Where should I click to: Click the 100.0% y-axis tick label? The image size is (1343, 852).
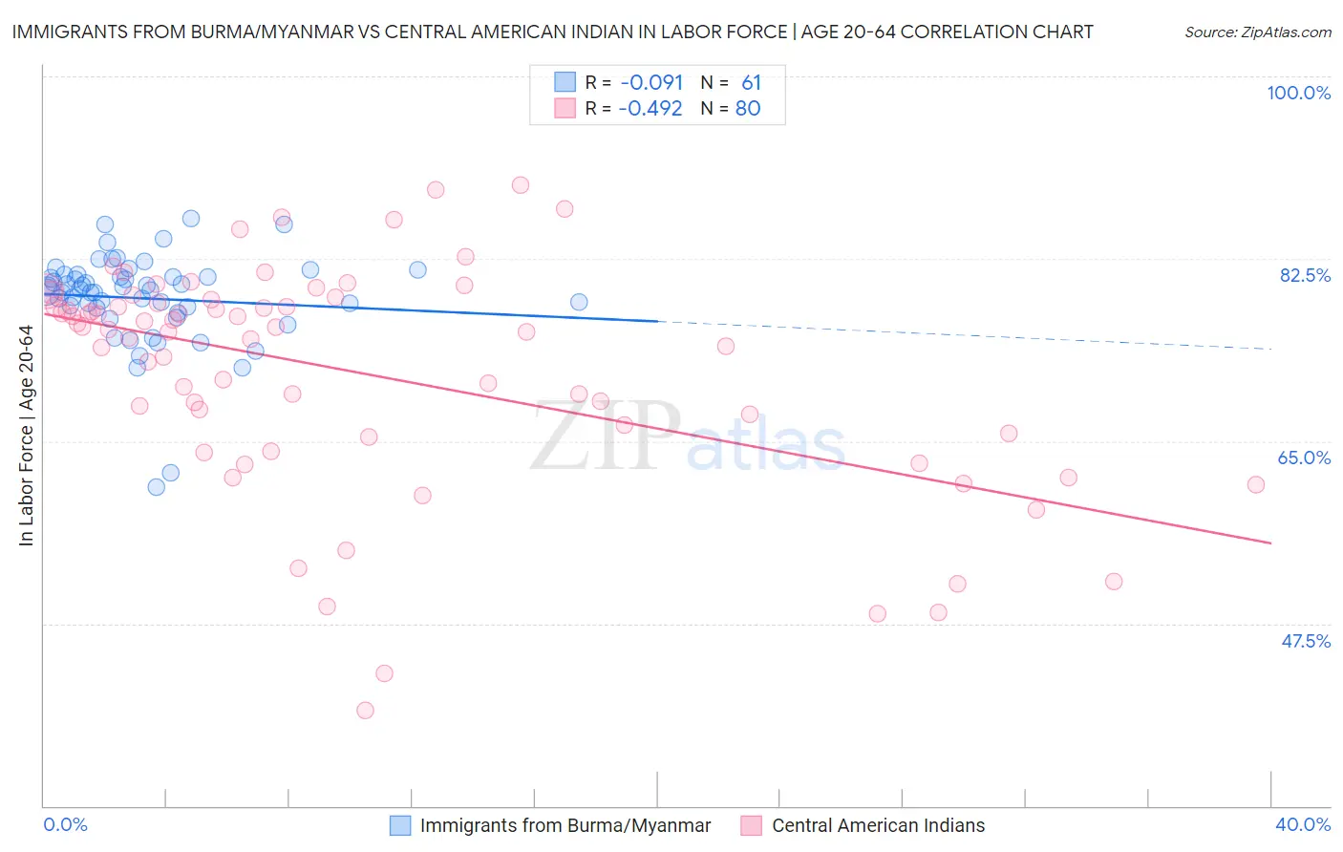coord(1298,93)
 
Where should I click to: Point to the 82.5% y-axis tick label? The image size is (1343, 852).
coord(1305,275)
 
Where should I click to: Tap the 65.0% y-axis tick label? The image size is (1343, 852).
coord(1304,458)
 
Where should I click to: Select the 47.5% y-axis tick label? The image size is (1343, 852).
coord(1306,641)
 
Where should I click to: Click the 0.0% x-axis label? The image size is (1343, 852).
coord(65,824)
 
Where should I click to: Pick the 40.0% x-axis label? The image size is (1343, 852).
coord(1303,824)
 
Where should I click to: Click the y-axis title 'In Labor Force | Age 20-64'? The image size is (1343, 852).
coord(26,436)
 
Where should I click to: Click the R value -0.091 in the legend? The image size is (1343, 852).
coord(650,82)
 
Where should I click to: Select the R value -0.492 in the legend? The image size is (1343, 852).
coord(650,108)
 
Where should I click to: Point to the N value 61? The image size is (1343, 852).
coord(751,82)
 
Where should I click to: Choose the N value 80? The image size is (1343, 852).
coord(748,108)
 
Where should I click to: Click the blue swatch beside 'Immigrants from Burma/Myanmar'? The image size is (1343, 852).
coord(400,825)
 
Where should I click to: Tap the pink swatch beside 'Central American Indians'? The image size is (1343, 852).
coord(752,825)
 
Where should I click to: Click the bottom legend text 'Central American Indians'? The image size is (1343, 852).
coord(878,825)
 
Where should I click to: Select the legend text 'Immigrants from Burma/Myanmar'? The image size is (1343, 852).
coord(565,825)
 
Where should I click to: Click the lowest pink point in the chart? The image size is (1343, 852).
coord(365,710)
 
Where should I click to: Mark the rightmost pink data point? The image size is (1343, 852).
coord(1256,484)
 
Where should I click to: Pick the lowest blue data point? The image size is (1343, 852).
coord(157,487)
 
